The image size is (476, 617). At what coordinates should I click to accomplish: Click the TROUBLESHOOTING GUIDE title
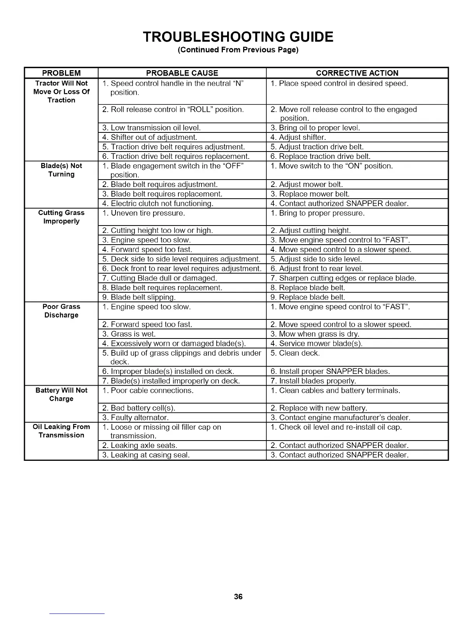tap(238, 37)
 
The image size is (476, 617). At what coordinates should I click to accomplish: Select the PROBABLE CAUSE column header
tap(182, 73)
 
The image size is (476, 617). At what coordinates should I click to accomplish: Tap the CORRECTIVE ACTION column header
tap(357, 73)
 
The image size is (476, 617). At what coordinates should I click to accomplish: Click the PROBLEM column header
tap(61, 73)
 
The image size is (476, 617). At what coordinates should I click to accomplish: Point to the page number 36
tap(238, 596)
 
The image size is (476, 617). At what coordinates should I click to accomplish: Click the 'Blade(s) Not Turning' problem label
tap(61, 170)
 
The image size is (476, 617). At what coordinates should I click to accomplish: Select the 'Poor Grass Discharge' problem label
tap(61, 311)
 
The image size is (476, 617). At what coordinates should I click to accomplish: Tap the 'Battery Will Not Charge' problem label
tap(61, 394)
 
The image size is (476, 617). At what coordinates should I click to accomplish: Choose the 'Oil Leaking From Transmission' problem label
tap(61, 431)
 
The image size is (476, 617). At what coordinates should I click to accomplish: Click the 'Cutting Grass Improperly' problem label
tap(61, 217)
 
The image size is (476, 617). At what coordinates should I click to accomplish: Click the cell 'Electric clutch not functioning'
tap(158, 203)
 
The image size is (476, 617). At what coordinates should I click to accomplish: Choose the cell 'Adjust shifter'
tap(298, 137)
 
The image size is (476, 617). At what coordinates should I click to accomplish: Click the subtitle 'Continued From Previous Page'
tap(238, 50)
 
